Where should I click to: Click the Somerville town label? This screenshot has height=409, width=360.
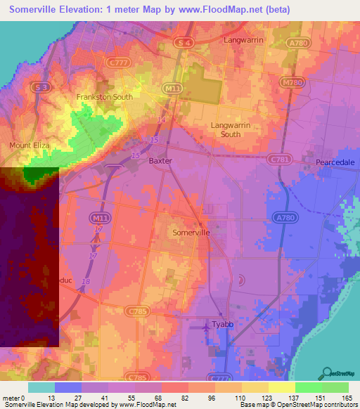click(191, 232)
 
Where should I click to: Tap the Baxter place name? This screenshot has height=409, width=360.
click(160, 160)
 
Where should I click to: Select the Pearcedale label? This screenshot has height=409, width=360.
click(335, 162)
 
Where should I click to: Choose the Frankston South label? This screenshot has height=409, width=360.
click(104, 97)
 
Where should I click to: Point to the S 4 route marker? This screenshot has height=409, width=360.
click(185, 44)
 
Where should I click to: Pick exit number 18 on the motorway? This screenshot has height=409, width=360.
click(86, 281)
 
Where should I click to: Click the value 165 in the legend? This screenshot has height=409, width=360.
click(346, 398)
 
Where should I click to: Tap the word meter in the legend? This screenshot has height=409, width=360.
click(11, 398)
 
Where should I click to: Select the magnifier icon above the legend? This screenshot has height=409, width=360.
click(328, 372)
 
